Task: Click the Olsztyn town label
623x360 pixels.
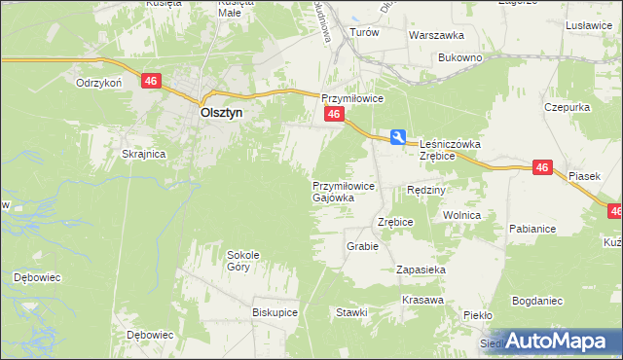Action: tap(221, 112)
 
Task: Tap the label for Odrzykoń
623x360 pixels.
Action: tap(98, 83)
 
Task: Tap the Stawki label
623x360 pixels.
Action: tap(351, 312)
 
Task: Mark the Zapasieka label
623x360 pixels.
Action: tap(421, 269)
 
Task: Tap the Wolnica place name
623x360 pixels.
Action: tap(462, 215)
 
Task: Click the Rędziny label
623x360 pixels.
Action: tap(425, 190)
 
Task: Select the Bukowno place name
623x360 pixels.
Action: tap(460, 58)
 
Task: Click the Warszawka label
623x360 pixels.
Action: tap(434, 33)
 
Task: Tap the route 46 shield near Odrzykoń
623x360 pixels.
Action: tap(150, 82)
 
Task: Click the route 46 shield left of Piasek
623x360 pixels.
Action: tap(543, 168)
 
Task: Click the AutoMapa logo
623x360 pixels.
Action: tap(554, 341)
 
